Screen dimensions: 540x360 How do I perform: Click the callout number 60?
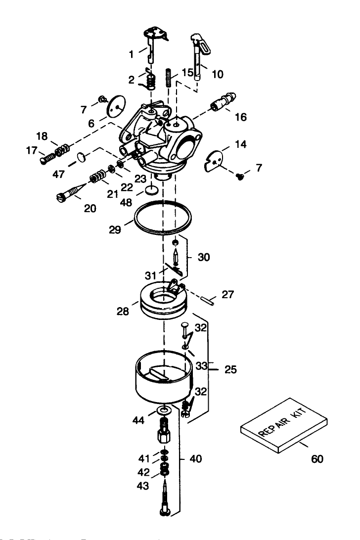point(317,459)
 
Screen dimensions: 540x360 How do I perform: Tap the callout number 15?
point(187,72)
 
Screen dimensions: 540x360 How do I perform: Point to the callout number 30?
point(203,257)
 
